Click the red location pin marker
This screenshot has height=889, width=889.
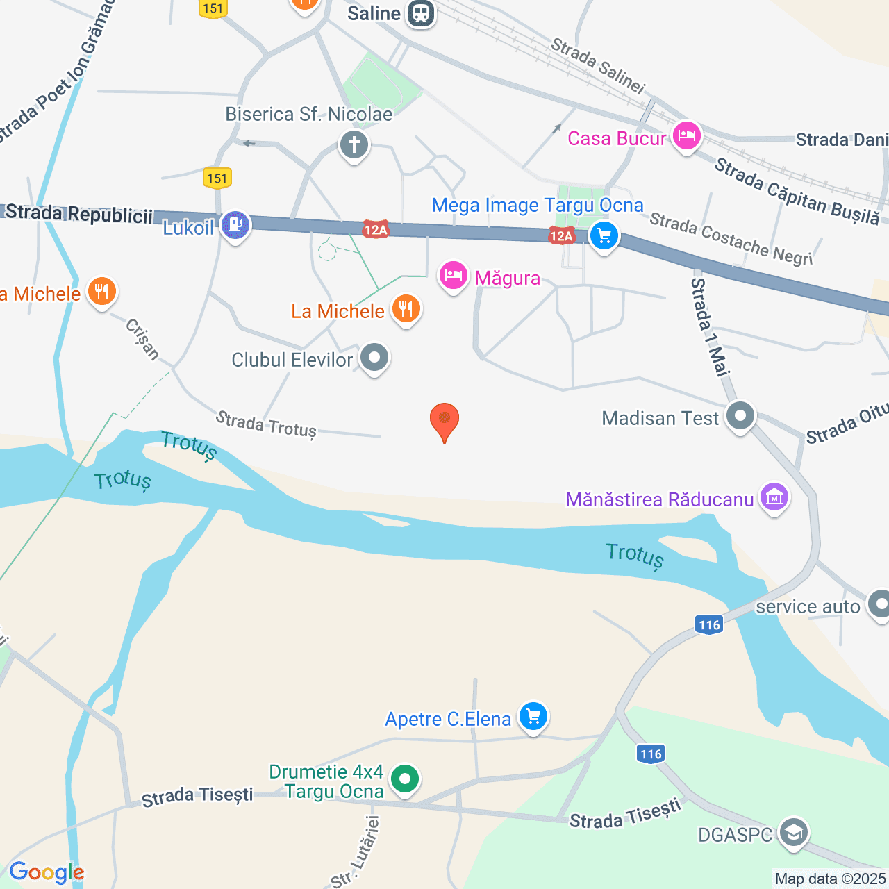[x=444, y=420]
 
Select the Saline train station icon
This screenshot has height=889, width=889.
[x=420, y=13]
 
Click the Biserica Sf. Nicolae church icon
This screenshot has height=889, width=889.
[x=354, y=145]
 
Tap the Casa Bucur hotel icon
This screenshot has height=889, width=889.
[x=686, y=136]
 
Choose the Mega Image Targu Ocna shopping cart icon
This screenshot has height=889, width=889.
[x=604, y=236]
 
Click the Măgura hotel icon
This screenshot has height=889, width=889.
[x=453, y=276]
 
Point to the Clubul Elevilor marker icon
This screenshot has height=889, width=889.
[x=375, y=358]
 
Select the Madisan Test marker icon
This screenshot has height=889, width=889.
[x=740, y=416]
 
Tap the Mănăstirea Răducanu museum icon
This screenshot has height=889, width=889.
[x=774, y=497]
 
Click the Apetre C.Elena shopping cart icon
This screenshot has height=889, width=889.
[x=533, y=716]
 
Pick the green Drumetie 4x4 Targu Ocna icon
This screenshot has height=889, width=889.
[x=405, y=779]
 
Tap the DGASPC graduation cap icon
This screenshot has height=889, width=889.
[x=793, y=832]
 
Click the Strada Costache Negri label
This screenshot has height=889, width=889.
[x=731, y=240]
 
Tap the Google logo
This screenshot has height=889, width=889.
[x=47, y=872]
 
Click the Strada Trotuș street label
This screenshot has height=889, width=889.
[x=266, y=424]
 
